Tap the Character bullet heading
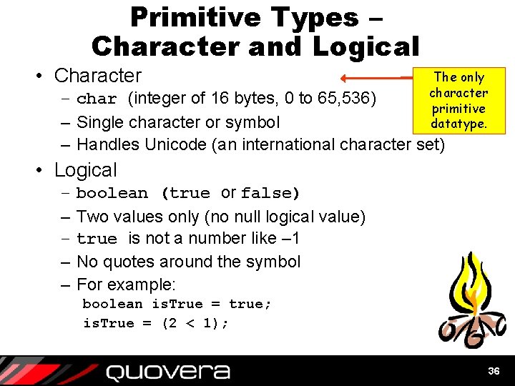(x=98, y=76)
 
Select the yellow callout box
(x=458, y=100)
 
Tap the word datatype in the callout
(x=458, y=124)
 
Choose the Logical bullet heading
(x=85, y=170)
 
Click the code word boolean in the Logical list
(x=112, y=193)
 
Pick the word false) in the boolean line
(x=270, y=193)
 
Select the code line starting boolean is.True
(x=177, y=305)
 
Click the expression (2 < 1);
(x=195, y=323)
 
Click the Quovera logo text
(x=168, y=372)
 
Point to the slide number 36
(x=493, y=371)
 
